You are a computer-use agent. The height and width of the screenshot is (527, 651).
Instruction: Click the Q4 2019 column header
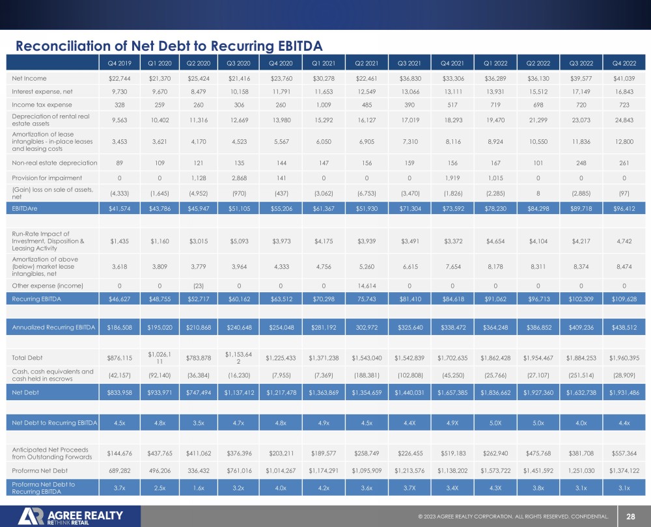click(x=120, y=64)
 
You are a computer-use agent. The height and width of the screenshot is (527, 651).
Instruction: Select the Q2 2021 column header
click(x=367, y=64)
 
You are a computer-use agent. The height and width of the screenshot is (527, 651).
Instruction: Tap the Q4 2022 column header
click(x=624, y=64)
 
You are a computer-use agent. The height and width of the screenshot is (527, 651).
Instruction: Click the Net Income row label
click(x=29, y=79)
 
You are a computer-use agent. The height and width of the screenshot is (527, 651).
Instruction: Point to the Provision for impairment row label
click(x=47, y=178)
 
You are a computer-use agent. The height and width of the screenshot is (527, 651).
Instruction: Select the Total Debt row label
click(x=27, y=358)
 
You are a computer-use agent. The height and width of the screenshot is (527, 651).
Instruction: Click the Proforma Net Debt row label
click(x=40, y=470)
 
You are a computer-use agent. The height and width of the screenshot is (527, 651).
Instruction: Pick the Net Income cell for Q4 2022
click(x=624, y=79)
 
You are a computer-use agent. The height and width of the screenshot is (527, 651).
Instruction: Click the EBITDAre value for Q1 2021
click(x=324, y=208)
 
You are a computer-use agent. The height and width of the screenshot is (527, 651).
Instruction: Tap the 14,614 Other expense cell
click(x=367, y=286)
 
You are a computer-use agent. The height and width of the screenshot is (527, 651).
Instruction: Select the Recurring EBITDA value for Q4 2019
click(x=120, y=299)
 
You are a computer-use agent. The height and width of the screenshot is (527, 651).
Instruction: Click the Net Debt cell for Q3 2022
click(x=581, y=392)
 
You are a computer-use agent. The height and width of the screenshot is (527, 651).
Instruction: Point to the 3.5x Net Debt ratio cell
click(x=199, y=423)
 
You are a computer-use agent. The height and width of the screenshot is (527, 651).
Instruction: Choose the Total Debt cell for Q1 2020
click(x=159, y=358)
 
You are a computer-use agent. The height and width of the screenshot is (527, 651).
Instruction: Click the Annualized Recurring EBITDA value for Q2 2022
click(x=538, y=327)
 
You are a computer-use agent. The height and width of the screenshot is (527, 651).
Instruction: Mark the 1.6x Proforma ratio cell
click(x=199, y=488)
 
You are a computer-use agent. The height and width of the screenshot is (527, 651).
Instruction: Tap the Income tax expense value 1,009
click(x=324, y=105)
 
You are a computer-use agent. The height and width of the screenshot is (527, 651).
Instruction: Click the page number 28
click(x=631, y=517)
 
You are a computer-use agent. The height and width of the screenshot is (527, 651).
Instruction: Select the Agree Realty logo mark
click(x=31, y=516)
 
